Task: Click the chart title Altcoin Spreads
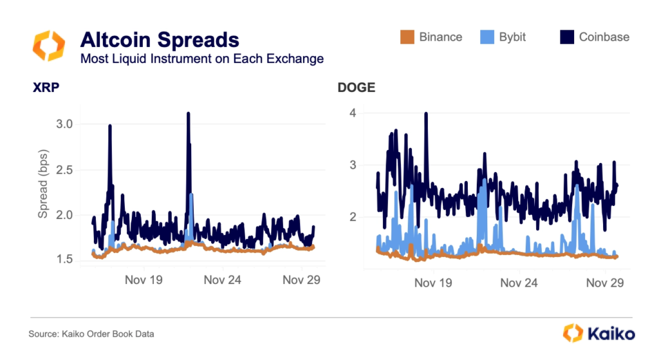[159, 40]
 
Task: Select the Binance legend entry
[431, 37]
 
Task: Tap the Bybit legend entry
[503, 37]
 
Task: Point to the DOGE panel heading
[356, 88]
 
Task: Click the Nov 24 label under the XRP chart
[222, 281]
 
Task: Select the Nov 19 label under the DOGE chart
[433, 283]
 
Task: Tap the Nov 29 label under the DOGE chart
[607, 283]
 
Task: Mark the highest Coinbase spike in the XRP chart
[188, 113]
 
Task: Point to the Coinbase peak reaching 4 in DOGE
[426, 113]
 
